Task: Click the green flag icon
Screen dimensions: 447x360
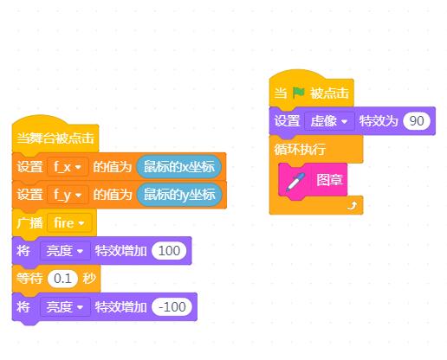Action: pos(299,93)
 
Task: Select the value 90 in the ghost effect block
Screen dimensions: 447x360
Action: pos(417,120)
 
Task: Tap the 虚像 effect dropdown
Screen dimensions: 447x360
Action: pos(329,121)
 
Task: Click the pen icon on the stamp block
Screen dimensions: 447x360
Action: pos(295,182)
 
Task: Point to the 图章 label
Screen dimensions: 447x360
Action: pos(329,180)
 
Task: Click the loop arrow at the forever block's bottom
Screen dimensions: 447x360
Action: pos(352,206)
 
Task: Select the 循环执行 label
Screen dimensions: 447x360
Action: pos(300,150)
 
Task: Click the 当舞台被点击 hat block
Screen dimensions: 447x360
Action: pos(55,137)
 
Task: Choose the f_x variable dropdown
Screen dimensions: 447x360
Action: pos(68,167)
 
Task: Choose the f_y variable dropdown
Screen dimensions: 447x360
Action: pos(68,195)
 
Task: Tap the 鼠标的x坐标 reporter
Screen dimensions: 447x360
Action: pos(179,167)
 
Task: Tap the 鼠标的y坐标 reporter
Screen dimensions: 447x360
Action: pos(179,195)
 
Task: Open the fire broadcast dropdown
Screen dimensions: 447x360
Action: pos(69,222)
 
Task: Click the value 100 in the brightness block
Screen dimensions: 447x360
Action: pos(169,250)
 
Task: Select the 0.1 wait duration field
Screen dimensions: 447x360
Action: pos(62,279)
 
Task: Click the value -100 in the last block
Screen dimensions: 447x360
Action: pos(172,306)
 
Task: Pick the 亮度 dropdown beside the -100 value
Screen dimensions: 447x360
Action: pos(65,307)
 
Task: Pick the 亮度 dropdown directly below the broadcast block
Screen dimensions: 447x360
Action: pos(65,251)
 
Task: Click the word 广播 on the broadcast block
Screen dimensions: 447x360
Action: pos(29,222)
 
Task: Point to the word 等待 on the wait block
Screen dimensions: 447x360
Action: pos(29,279)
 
